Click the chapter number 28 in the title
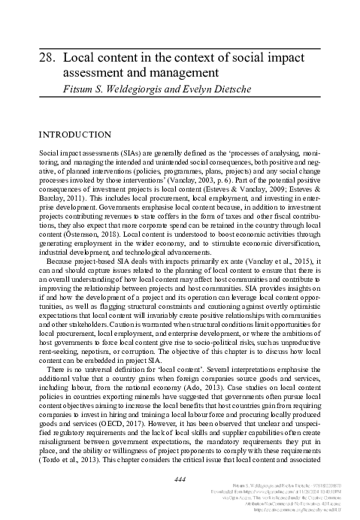pyautogui.click(x=44, y=56)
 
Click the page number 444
pyautogui.click(x=180, y=479)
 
